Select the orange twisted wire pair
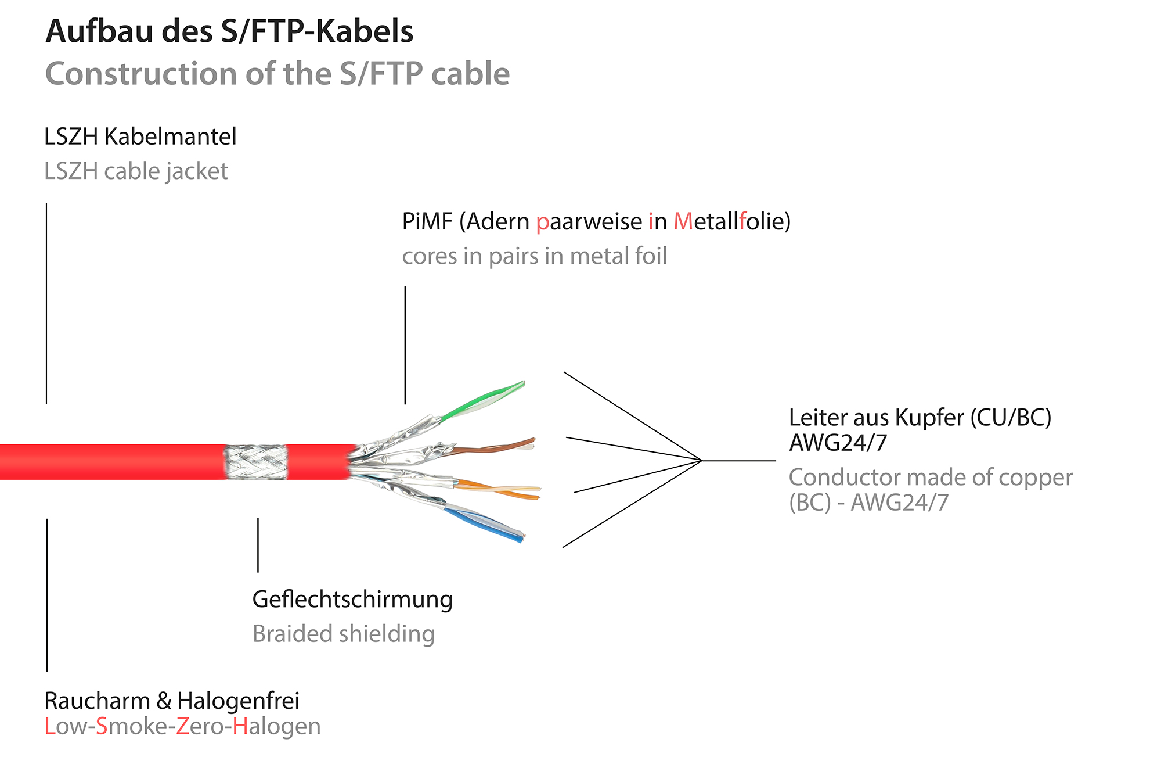[499, 489]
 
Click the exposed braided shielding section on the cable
[256, 462]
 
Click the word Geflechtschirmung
[352, 600]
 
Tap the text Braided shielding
[343, 634]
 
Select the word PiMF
[427, 222]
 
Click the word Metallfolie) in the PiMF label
[731, 222]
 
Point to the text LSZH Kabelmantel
[140, 137]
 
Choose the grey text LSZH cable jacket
[136, 171]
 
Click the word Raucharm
[97, 701]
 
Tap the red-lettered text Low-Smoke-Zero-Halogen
[182, 727]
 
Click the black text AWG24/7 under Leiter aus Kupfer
[838, 443]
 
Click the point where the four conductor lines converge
[702, 461]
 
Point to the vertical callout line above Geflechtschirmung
[258, 545]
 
